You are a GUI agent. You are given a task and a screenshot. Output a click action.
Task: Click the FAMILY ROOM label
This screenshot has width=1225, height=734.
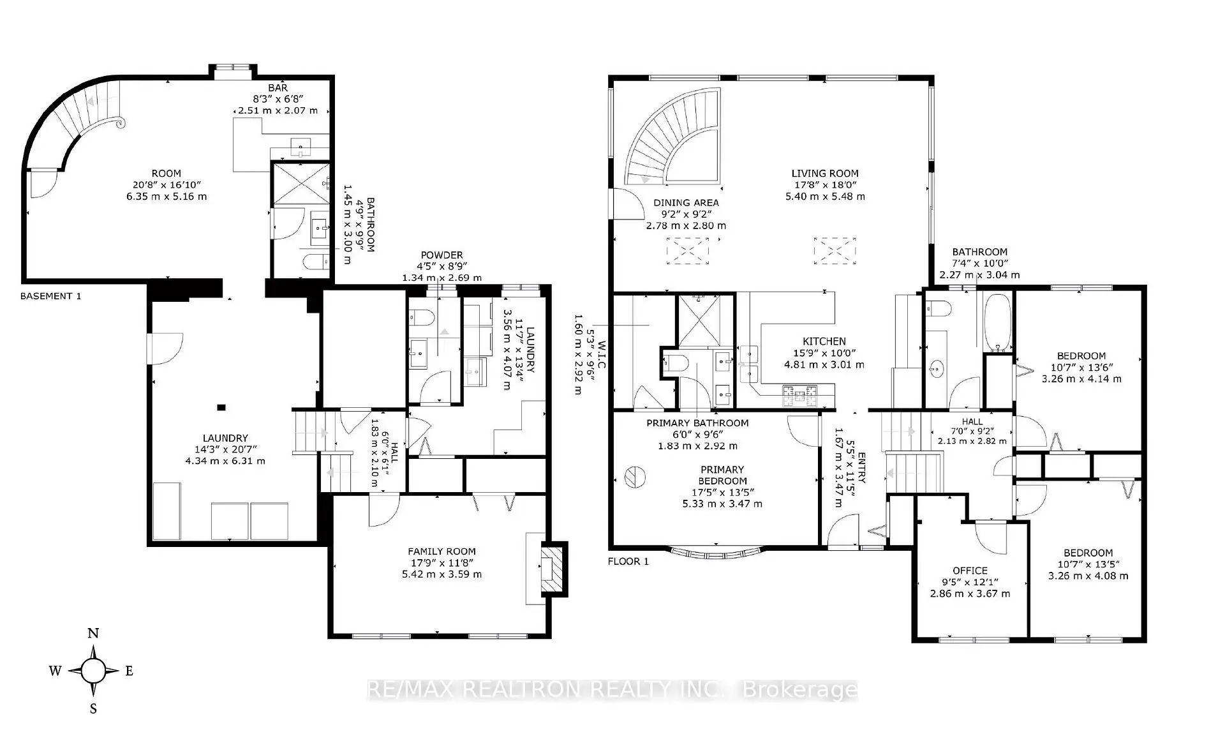442,551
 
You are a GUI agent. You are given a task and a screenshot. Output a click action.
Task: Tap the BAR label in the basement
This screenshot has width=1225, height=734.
278,87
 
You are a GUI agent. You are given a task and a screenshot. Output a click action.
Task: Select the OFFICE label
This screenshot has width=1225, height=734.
970,571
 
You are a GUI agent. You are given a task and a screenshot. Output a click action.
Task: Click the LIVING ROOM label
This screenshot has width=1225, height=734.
824,173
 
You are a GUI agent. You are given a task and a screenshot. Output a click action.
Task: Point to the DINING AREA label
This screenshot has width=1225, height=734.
686,202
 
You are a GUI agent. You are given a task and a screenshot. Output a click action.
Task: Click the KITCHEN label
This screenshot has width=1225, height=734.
824,341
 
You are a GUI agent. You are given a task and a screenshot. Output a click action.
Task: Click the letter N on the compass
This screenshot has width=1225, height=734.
93,634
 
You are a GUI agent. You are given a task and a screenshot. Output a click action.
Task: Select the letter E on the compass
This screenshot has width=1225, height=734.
129,671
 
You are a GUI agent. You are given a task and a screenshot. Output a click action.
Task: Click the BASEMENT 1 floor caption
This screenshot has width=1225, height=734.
50,296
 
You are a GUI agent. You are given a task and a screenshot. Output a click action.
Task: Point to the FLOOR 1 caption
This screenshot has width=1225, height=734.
628,562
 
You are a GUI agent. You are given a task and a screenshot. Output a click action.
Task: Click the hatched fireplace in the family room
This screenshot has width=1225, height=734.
553,569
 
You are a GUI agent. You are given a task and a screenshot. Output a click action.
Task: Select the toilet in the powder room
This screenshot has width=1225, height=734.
421,317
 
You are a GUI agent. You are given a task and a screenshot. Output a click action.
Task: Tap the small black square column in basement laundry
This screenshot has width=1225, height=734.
221,407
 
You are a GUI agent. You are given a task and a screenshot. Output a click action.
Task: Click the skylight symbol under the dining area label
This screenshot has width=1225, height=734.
688,251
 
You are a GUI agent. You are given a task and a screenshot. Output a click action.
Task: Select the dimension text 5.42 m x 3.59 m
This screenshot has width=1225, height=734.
442,574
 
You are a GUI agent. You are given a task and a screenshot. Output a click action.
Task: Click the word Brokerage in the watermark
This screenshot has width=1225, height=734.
801,690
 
